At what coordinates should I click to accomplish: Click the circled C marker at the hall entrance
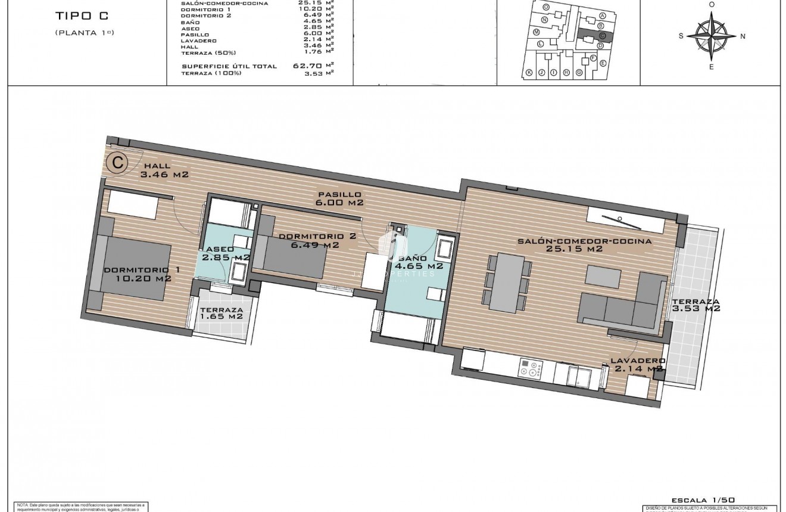coord(118,161)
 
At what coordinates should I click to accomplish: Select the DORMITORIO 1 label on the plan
coord(141,274)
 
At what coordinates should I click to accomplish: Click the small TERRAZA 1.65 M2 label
coord(222,314)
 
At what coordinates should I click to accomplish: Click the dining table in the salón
coord(506,283)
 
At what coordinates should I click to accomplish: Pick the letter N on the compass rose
coord(743,36)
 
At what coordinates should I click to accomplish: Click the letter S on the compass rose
coord(681,36)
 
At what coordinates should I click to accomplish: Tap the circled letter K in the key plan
coord(529,73)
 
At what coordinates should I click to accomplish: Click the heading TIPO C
coord(81,17)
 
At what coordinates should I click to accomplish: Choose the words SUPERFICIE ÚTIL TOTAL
coord(229,66)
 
